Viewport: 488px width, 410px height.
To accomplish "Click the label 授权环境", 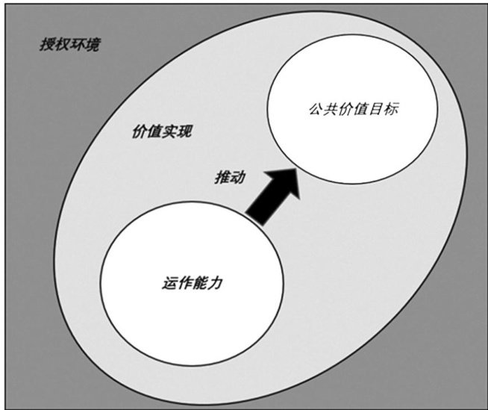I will pos(69,45).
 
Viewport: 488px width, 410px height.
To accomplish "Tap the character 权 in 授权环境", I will pos(62,45).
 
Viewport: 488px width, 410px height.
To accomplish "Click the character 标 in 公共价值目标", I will pos(392,109).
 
